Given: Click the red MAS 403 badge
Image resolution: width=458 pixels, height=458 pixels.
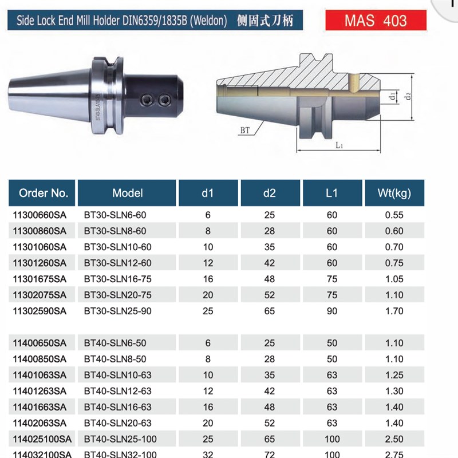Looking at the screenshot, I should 376,21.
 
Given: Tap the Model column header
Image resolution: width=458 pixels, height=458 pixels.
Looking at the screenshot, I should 127,193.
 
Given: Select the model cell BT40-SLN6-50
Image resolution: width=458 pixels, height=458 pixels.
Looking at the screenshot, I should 114,343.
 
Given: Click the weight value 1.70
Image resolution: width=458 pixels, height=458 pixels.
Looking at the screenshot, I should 394,311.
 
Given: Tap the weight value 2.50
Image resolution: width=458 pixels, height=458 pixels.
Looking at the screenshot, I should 394,439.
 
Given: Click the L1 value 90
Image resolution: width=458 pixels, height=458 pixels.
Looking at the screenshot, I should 331,311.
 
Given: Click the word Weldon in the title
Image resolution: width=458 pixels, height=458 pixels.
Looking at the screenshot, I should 209,22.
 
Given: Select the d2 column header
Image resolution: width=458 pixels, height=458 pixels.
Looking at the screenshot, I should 270,193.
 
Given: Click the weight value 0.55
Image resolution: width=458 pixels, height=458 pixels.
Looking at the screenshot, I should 394,215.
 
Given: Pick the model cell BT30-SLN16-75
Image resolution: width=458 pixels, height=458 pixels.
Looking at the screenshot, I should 116,279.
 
